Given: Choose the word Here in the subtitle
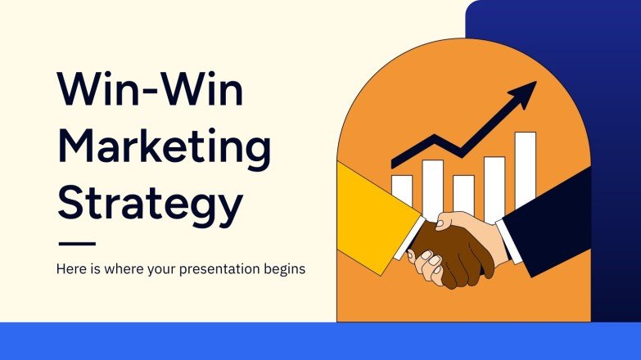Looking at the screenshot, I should click(x=71, y=268).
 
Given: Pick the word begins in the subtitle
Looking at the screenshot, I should click(x=283, y=269).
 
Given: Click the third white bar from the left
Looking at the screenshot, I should click(x=463, y=193).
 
